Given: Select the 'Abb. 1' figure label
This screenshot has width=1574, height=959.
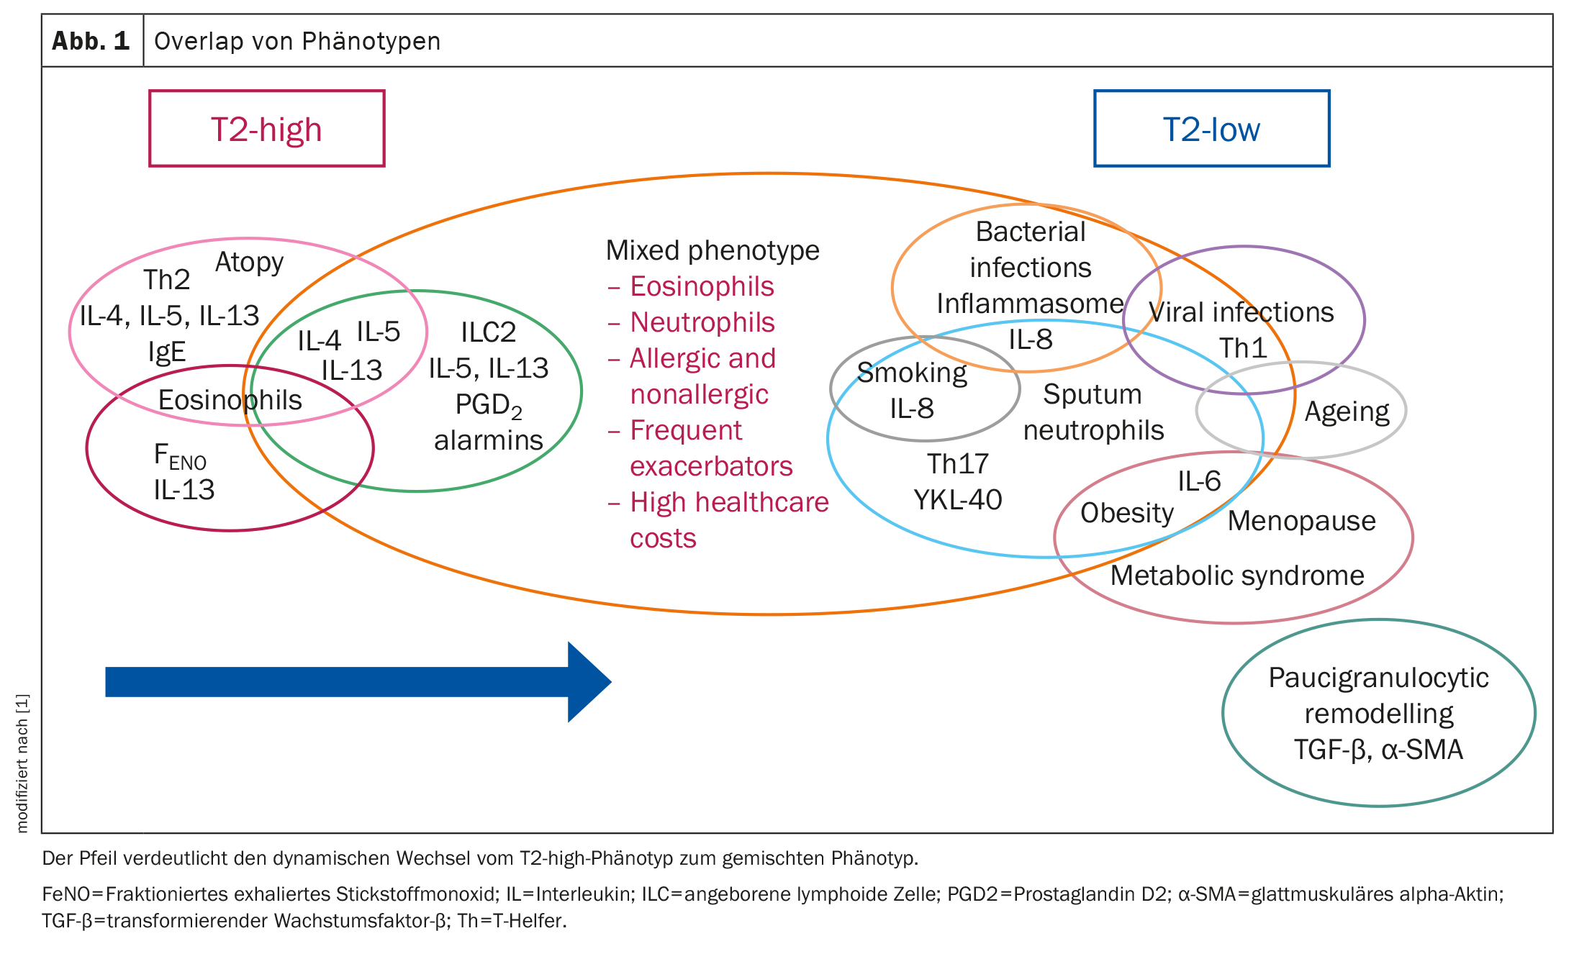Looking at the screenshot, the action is pyautogui.click(x=91, y=41).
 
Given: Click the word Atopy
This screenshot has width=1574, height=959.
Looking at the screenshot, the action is pyautogui.click(x=249, y=263).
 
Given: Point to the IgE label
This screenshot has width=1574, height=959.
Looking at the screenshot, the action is pyautogui.click(x=167, y=352).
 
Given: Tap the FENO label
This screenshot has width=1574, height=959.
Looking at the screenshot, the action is pyautogui.click(x=181, y=456).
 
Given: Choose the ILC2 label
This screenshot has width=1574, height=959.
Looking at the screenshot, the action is pyautogui.click(x=489, y=332).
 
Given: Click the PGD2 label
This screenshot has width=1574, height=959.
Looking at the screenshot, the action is pyautogui.click(x=489, y=405).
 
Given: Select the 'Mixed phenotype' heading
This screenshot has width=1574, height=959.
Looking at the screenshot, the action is pyautogui.click(x=713, y=250).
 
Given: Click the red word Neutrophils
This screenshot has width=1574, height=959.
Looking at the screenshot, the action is pyautogui.click(x=702, y=322).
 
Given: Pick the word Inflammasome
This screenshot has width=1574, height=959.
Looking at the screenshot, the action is pyautogui.click(x=1030, y=304).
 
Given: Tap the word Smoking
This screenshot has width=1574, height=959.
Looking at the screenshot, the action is pyautogui.click(x=912, y=373).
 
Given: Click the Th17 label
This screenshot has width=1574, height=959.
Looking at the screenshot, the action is pyautogui.click(x=957, y=464).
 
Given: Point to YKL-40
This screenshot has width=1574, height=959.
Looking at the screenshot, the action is pyautogui.click(x=957, y=500).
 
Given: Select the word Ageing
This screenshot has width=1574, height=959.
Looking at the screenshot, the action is pyautogui.click(x=1347, y=412).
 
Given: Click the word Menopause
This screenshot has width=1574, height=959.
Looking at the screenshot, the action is pyautogui.click(x=1302, y=521).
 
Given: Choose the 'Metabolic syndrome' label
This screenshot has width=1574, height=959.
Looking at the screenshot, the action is pyautogui.click(x=1237, y=576).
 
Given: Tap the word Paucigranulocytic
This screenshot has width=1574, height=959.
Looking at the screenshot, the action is pyautogui.click(x=1378, y=678).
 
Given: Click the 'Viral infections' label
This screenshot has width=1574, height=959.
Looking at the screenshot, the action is pyautogui.click(x=1241, y=312).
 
